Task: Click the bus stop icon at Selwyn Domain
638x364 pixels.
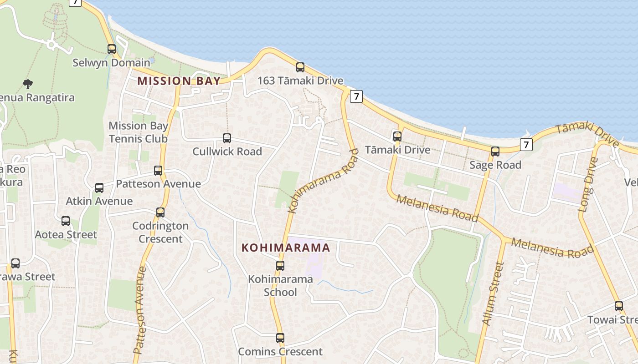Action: pyautogui.click(x=112, y=49)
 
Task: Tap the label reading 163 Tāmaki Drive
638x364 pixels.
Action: pyautogui.click(x=300, y=81)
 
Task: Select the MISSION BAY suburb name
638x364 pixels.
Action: pyautogui.click(x=179, y=81)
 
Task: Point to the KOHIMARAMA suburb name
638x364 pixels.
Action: pyautogui.click(x=286, y=248)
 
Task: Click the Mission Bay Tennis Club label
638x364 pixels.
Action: pyautogui.click(x=138, y=132)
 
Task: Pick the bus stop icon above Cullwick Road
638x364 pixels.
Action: pyautogui.click(x=227, y=138)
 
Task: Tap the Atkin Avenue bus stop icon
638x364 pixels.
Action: pyautogui.click(x=99, y=187)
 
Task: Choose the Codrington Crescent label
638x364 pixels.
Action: pyautogui.click(x=160, y=232)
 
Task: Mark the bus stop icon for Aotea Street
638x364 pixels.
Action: pyautogui.click(x=66, y=221)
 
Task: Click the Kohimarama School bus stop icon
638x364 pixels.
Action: pyautogui.click(x=280, y=265)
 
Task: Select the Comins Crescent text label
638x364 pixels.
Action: pyautogui.click(x=280, y=352)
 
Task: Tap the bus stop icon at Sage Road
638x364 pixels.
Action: pyautogui.click(x=495, y=152)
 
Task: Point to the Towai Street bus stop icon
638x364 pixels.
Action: pyautogui.click(x=618, y=306)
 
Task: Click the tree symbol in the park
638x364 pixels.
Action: pyautogui.click(x=28, y=84)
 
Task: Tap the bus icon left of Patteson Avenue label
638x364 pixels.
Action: pyautogui.click(x=158, y=171)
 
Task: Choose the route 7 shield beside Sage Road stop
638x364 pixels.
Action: pyautogui.click(x=526, y=145)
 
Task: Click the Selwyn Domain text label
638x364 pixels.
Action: pyautogui.click(x=111, y=63)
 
